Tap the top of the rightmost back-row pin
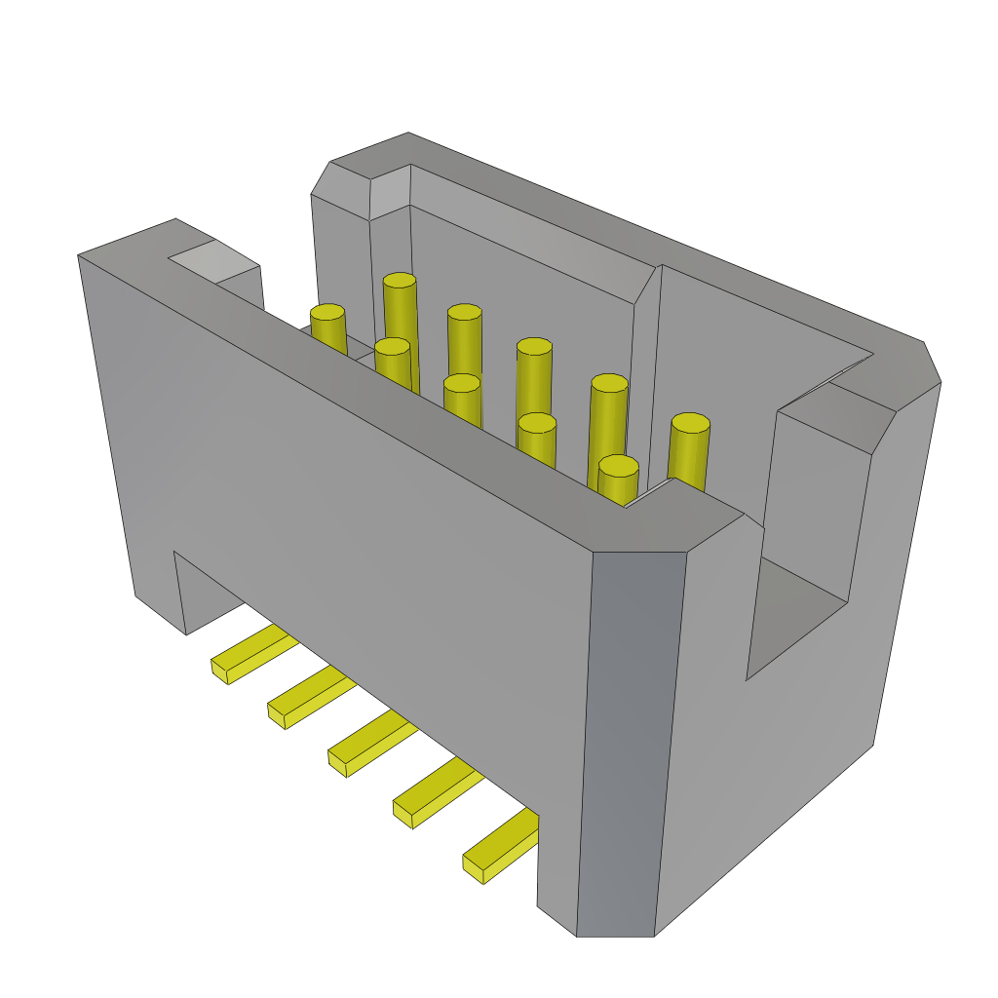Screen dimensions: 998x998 coord(690,423)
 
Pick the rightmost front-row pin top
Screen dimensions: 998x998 coord(618,466)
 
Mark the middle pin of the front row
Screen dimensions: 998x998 coord(462,383)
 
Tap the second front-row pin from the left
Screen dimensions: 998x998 coord(392,346)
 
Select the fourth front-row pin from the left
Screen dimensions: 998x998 coord(537,422)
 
